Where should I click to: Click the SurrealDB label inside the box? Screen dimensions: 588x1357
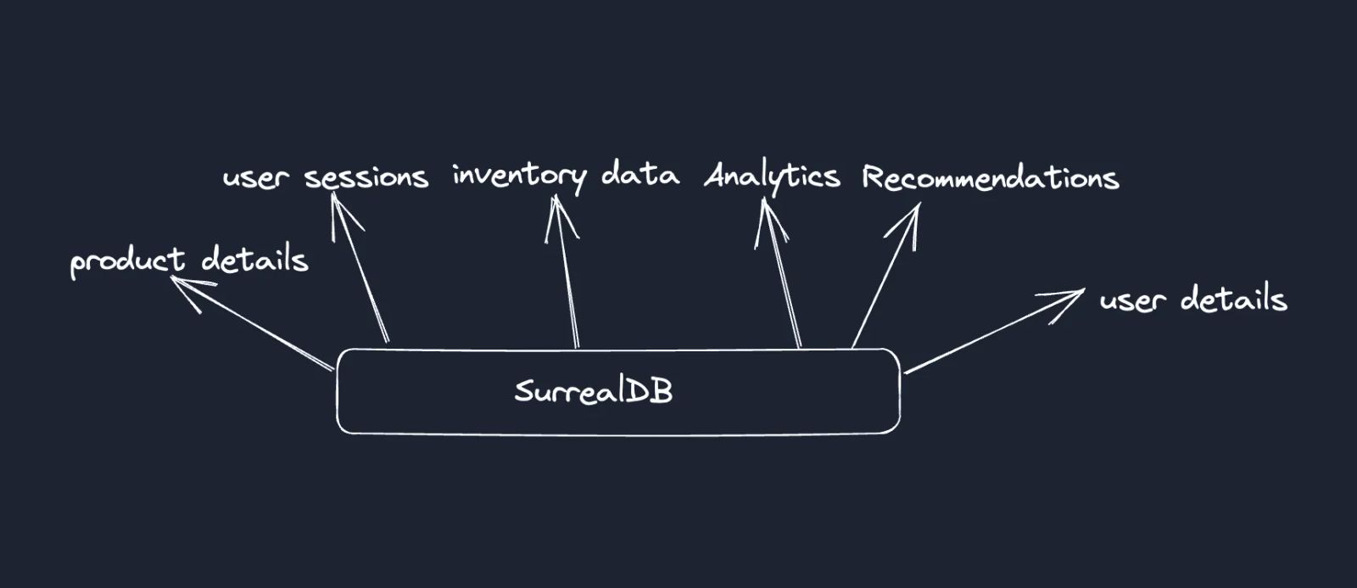click(593, 391)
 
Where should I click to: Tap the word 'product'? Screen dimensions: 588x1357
click(127, 261)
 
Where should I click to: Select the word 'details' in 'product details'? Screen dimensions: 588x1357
click(255, 258)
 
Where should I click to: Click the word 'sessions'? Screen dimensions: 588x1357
click(366, 177)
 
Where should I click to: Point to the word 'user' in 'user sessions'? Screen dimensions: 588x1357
click(255, 178)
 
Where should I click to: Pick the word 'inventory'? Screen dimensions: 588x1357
click(518, 176)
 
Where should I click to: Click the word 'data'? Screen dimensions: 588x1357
click(640, 175)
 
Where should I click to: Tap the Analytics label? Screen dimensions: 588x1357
click(772, 177)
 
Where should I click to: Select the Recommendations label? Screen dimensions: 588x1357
click(990, 177)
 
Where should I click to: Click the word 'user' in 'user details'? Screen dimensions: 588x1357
click(1132, 300)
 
